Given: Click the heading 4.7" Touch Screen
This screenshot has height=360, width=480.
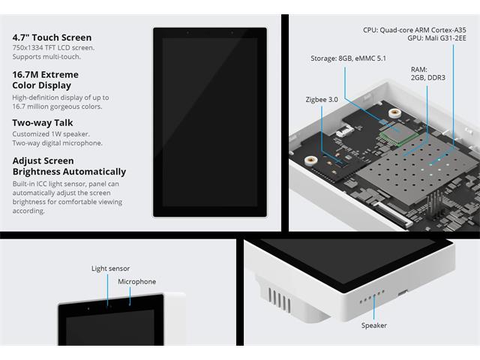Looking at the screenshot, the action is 52,37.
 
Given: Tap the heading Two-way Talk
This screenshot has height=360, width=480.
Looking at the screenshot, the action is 43,123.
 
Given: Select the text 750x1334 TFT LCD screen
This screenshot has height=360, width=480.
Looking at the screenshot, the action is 53,48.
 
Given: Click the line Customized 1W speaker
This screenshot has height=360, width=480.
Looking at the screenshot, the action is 51,134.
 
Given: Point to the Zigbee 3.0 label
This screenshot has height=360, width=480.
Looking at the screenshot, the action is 322,100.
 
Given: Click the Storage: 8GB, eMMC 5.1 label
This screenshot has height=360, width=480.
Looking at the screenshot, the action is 348,58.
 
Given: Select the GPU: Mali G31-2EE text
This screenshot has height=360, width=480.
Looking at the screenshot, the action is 436,38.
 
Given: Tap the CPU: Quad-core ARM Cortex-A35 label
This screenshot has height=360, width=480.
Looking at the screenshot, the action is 415,30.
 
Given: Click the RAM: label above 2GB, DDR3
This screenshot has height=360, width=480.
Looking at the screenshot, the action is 419,70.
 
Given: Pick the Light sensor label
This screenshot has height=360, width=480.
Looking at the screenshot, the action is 110,268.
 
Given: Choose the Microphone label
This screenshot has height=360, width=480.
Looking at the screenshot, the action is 136,282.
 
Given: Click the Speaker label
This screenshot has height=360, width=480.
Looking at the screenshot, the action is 373,325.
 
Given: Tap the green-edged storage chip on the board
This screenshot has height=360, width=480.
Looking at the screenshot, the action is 398,133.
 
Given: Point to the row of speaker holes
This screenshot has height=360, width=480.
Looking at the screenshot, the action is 372,297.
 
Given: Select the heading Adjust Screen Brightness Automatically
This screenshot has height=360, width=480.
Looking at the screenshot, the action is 69,166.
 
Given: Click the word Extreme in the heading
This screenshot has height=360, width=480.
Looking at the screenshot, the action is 60,75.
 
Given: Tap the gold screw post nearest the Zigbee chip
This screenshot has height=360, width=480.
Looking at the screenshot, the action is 310,160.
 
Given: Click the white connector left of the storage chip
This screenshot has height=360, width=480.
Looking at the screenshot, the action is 345,132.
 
